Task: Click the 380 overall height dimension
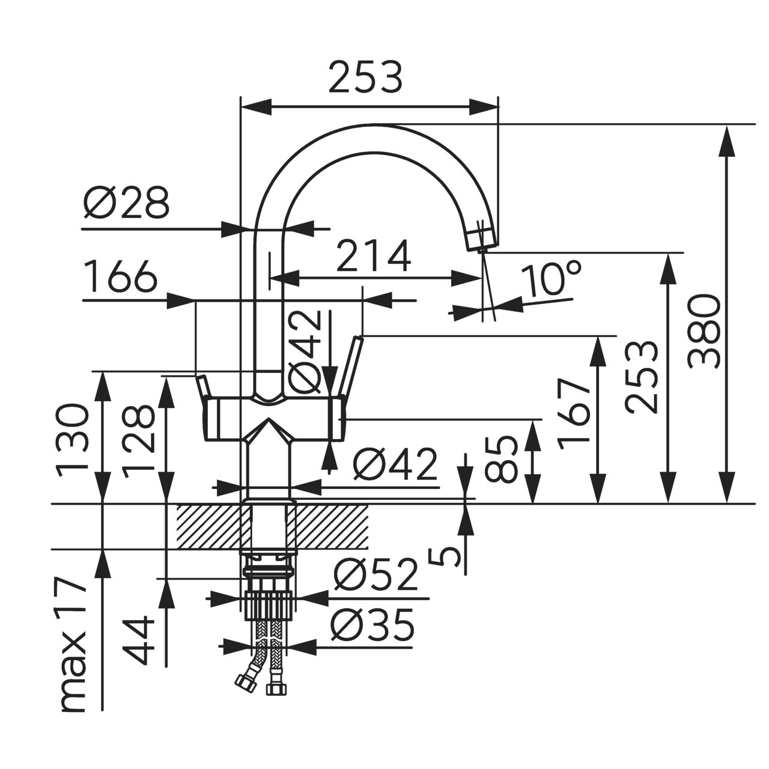[x=704, y=331]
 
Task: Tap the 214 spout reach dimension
[x=374, y=256]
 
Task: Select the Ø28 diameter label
[x=127, y=203]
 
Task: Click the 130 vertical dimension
[x=73, y=440]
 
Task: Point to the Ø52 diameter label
[x=375, y=576]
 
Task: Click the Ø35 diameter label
[x=374, y=627]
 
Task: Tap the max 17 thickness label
[x=73, y=646]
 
